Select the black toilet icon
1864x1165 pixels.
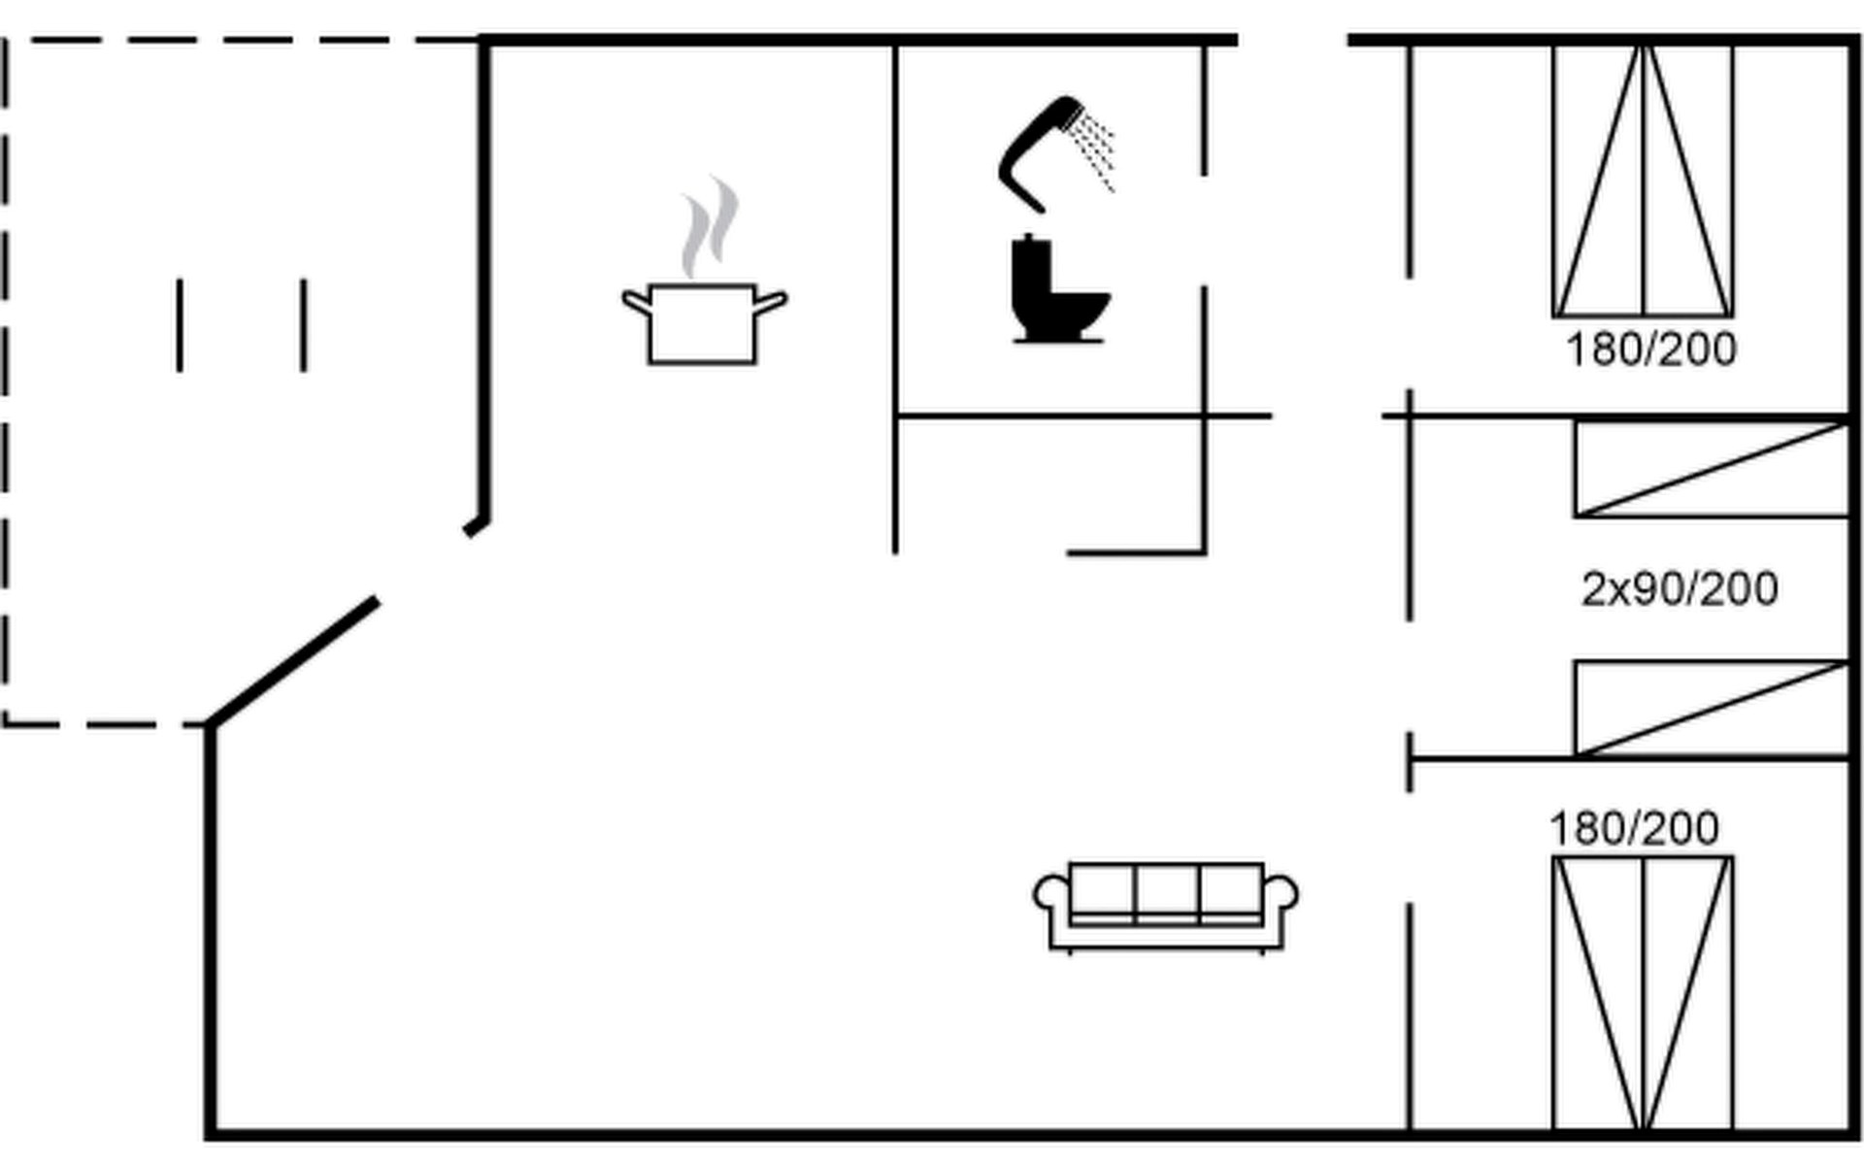coord(1058,289)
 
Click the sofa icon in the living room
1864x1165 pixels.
coord(1166,907)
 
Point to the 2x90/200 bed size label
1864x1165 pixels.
coord(1680,589)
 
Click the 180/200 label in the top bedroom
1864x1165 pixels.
coord(1651,350)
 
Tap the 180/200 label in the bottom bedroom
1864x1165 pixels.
coord(1634,829)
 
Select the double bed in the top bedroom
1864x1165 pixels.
coord(1643,181)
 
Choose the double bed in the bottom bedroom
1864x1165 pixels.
coord(1643,993)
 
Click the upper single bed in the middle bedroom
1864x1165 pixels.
coord(1712,469)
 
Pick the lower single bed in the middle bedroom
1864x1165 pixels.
coord(1712,709)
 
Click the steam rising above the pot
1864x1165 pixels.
coord(710,228)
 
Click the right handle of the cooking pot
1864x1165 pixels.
coord(770,303)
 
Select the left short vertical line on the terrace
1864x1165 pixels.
coord(180,325)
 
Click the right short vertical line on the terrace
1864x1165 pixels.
coord(304,325)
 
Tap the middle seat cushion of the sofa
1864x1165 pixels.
coord(1166,891)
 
